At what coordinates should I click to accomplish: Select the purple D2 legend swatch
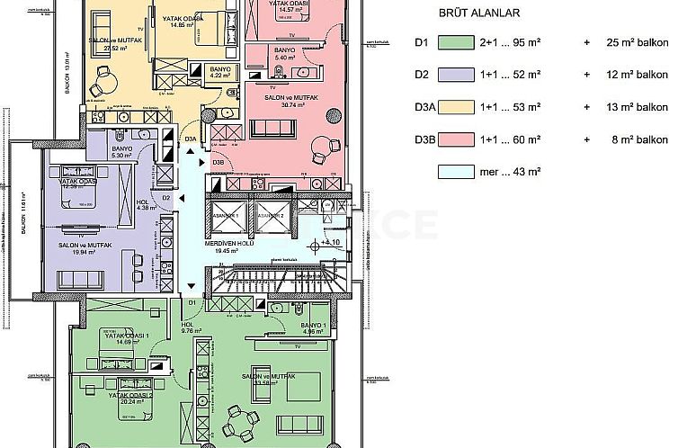461,75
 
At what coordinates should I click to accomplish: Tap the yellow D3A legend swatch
461,106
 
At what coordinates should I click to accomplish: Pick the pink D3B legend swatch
461,139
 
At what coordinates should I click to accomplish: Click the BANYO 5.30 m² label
122,151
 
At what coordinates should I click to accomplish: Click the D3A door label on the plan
191,139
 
